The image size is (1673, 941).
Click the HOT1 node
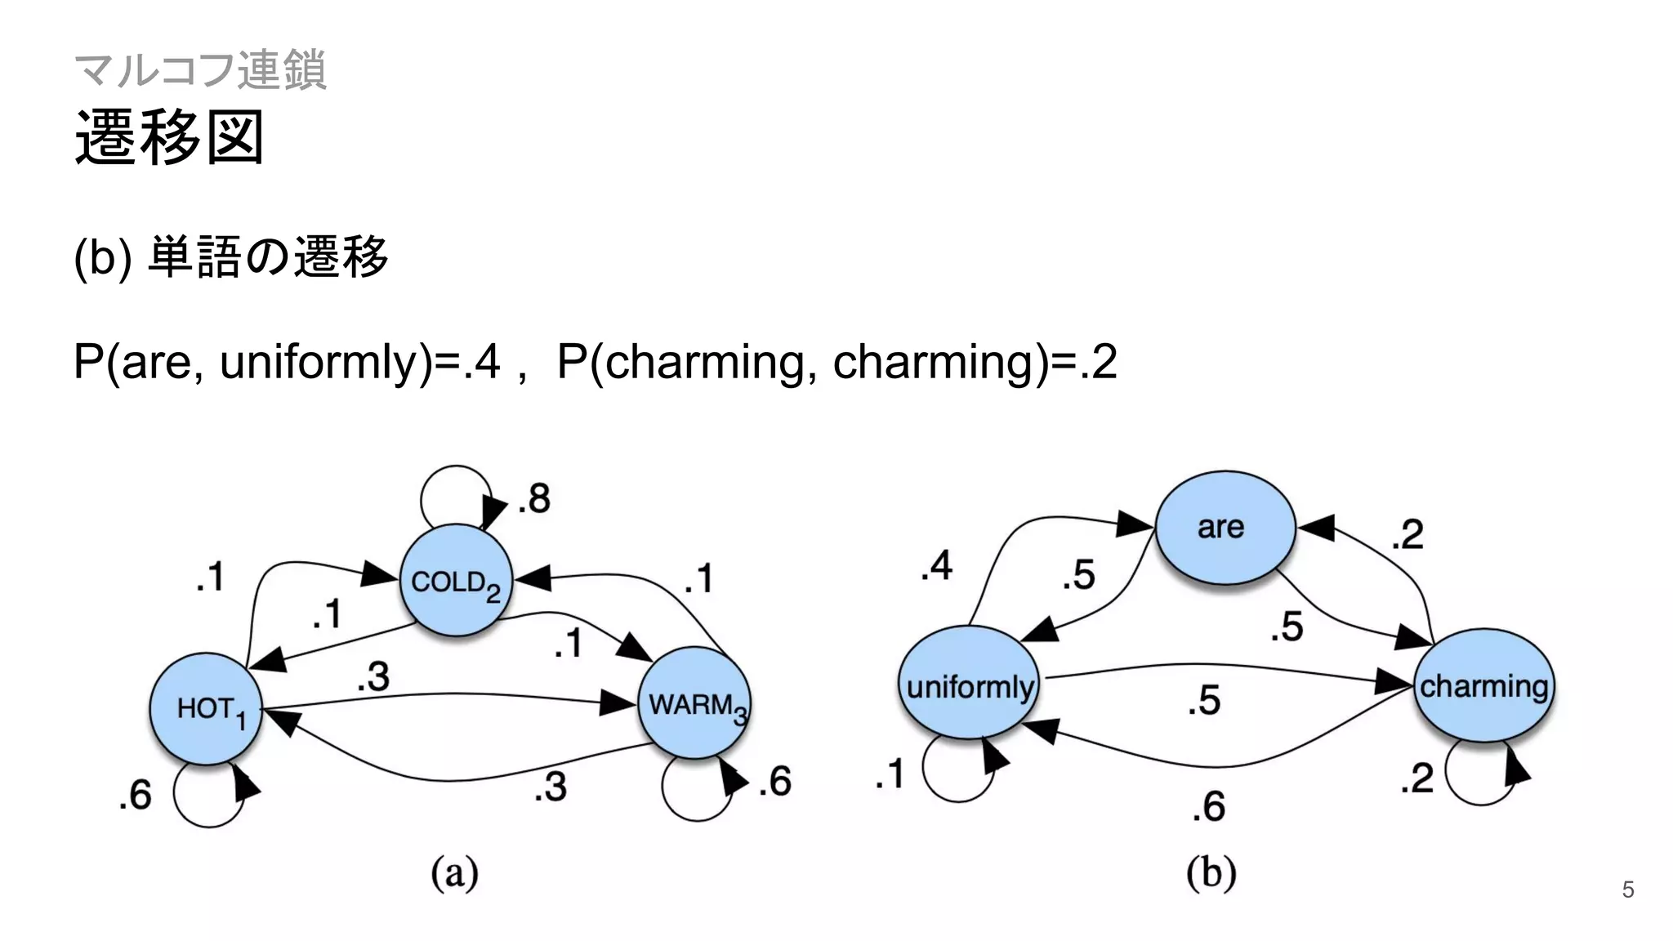click(x=206, y=708)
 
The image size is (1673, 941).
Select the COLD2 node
click(x=456, y=581)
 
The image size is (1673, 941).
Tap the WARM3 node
click(x=694, y=703)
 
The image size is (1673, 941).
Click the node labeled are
click(x=1225, y=528)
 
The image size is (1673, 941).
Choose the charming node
click(x=1483, y=685)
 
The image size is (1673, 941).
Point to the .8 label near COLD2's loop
click(x=534, y=497)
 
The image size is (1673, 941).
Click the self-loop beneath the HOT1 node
click(x=207, y=796)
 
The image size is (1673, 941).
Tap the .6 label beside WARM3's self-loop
click(x=774, y=781)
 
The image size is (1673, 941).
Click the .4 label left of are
click(x=936, y=565)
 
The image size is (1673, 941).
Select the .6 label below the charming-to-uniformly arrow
click(x=1208, y=806)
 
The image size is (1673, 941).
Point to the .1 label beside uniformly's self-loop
click(x=890, y=773)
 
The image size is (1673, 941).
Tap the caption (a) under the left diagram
click(x=455, y=873)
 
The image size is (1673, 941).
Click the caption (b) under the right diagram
click(x=1211, y=873)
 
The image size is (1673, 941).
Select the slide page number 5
click(x=1627, y=890)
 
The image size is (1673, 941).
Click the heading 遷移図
click(x=169, y=137)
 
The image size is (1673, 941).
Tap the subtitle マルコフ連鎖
click(x=200, y=69)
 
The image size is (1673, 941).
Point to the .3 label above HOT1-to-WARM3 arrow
click(x=373, y=676)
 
